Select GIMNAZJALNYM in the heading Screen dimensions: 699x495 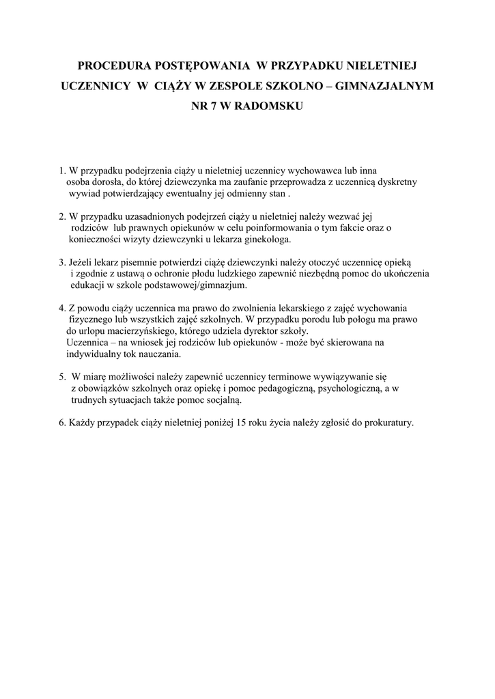[x=388, y=87]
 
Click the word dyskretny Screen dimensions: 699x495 [x=395, y=182]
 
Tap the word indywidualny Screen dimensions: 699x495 [x=94, y=354]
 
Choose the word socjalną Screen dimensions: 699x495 [x=221, y=400]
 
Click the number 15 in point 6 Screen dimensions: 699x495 [x=240, y=423]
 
